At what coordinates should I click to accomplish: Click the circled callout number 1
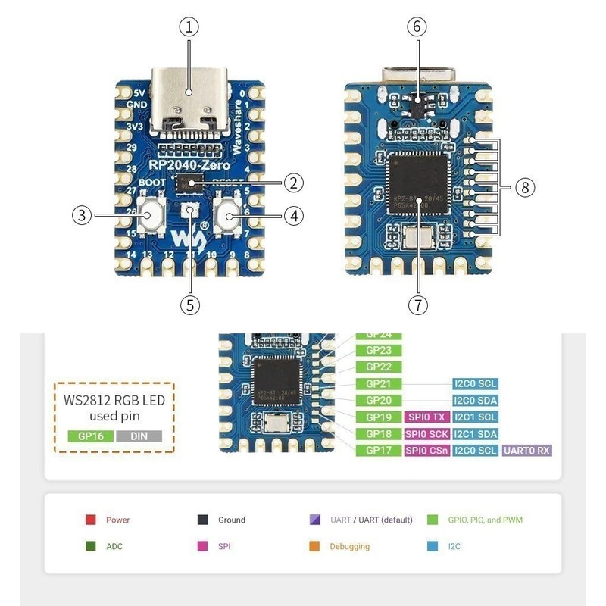point(189,27)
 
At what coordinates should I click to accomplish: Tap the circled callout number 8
point(526,187)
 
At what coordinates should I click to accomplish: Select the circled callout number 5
point(189,305)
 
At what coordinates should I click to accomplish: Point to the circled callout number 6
point(416,27)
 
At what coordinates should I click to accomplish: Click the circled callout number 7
point(416,305)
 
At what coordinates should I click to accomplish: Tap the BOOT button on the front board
point(154,217)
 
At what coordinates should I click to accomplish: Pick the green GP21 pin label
point(378,384)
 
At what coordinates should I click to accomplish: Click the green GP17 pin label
point(378,450)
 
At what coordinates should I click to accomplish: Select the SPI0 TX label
point(426,417)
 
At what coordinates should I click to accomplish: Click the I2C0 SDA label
point(475,401)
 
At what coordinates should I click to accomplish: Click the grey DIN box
point(139,436)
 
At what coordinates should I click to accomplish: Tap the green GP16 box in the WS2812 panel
point(91,436)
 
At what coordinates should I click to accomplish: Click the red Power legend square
point(90,520)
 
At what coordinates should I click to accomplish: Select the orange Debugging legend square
point(314,546)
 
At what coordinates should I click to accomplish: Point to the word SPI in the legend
point(223,546)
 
